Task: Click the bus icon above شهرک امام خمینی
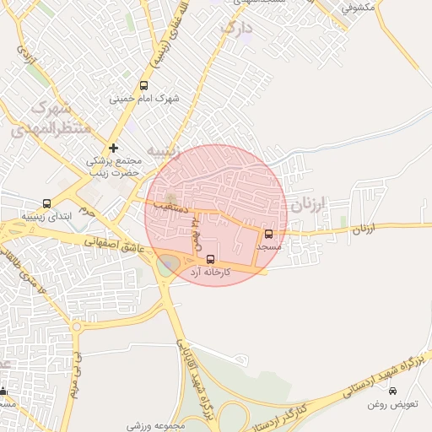[143, 85]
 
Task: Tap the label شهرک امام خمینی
[144, 99]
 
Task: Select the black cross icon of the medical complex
[113, 148]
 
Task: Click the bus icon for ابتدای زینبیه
[46, 203]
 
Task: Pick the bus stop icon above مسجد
[269, 235]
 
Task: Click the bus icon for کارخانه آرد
[210, 259]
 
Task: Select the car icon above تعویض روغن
[392, 391]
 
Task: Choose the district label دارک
[237, 28]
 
